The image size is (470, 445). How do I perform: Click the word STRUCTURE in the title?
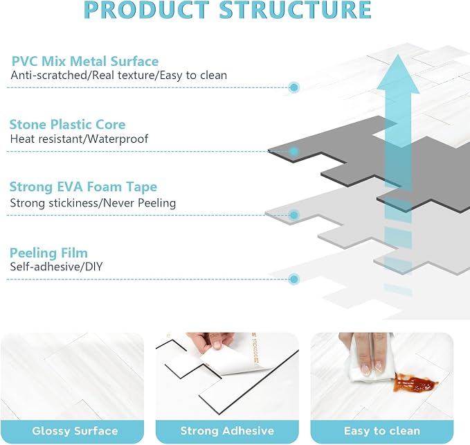click(x=296, y=10)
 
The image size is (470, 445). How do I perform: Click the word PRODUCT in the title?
click(x=147, y=10)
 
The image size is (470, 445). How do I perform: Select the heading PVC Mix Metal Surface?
click(x=85, y=61)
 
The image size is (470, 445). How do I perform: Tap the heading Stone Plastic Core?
click(x=67, y=125)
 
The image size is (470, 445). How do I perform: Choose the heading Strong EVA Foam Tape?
click(x=83, y=186)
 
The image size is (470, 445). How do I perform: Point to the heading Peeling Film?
click(x=48, y=253)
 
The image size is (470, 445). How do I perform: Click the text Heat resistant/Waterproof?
click(x=79, y=139)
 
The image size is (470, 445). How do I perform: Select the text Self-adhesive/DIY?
click(x=56, y=266)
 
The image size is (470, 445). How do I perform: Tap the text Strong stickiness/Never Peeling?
click(x=93, y=203)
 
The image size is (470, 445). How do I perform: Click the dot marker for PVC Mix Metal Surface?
click(x=294, y=87)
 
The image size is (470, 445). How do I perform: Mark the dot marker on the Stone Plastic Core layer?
click(x=294, y=151)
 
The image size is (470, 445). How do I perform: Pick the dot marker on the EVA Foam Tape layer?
click(x=294, y=215)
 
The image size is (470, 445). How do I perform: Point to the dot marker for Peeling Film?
click(x=294, y=279)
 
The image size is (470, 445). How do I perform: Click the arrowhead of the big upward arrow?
click(x=398, y=73)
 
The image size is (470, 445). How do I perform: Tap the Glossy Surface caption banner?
click(x=75, y=431)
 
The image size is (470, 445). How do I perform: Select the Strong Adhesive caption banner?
click(x=227, y=431)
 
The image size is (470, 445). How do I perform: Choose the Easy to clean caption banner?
click(x=382, y=431)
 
